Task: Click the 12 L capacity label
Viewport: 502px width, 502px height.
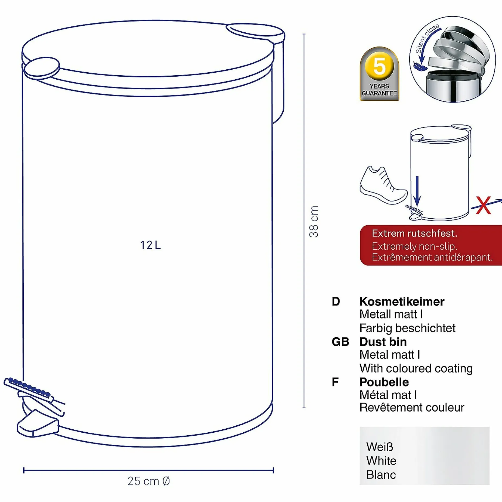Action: point(150,245)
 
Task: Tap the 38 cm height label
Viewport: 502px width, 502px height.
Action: point(314,222)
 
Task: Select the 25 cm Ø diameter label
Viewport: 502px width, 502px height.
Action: point(149,481)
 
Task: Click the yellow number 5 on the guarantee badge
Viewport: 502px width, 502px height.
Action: point(379,66)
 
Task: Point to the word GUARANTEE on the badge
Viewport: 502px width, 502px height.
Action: point(379,93)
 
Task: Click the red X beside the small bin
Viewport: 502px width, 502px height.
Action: point(483,205)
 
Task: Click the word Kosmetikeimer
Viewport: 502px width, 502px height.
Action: point(402,302)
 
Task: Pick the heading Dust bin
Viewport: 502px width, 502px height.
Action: point(383,342)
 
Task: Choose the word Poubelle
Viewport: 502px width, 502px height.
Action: point(384,382)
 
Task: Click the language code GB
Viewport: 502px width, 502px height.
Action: point(340,342)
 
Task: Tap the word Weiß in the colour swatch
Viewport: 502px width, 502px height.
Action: point(379,447)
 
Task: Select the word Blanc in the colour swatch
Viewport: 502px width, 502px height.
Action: point(381,475)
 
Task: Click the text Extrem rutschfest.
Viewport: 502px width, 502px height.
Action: point(415,233)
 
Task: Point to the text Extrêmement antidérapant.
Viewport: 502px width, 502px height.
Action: point(432,257)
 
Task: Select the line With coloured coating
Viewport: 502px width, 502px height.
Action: point(416,369)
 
